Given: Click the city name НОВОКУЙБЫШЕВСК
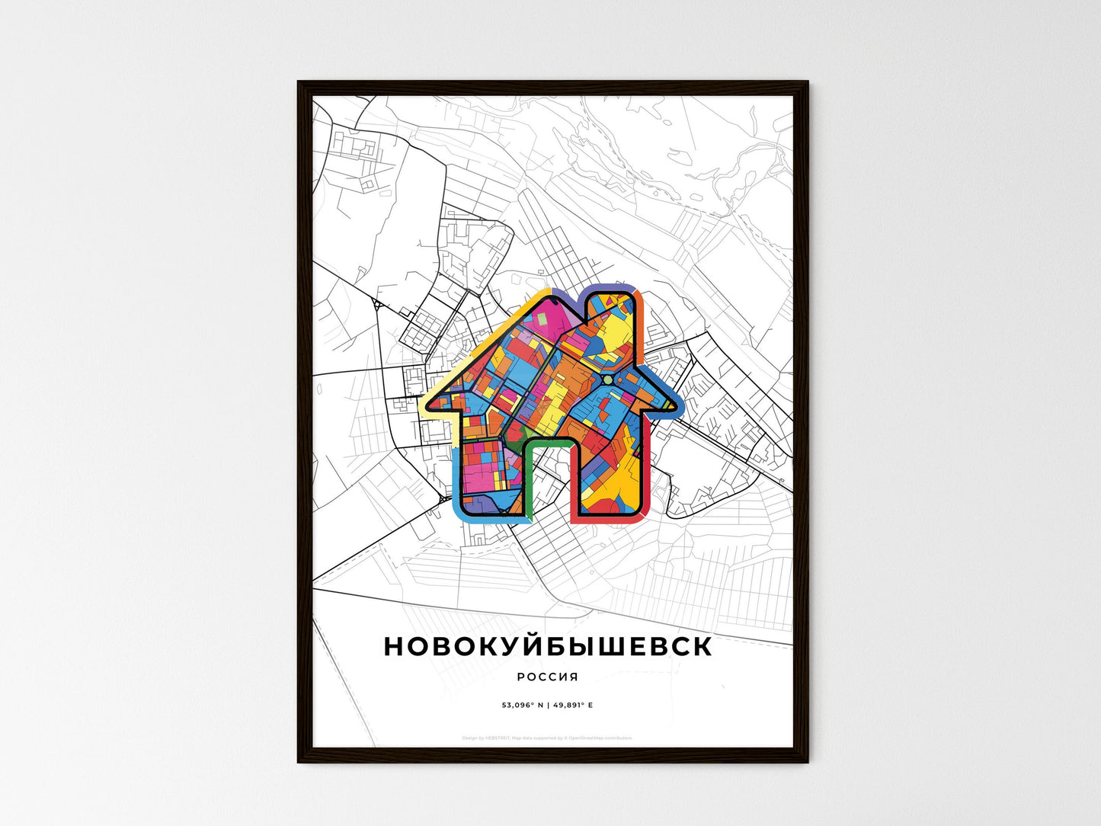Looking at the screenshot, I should point(548,646).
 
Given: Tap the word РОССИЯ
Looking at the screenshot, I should point(547,677).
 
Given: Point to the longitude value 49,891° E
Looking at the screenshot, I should point(571,705).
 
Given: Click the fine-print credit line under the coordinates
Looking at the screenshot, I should point(547,738).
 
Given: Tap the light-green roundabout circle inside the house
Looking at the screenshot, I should point(607,379).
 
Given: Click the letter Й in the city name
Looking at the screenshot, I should point(530,645).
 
